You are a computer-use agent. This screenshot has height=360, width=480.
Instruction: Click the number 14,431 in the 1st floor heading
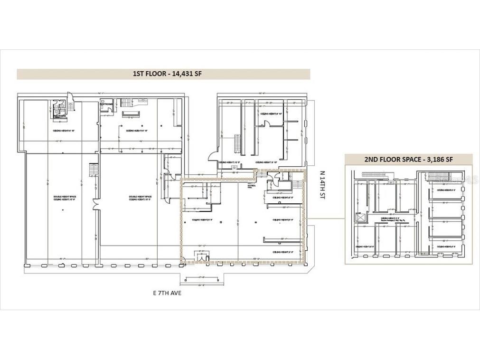coord(177,74)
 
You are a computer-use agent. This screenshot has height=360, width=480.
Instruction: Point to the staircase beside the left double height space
coord(93,169)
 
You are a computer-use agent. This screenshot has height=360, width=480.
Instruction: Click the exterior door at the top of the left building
coord(70,97)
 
